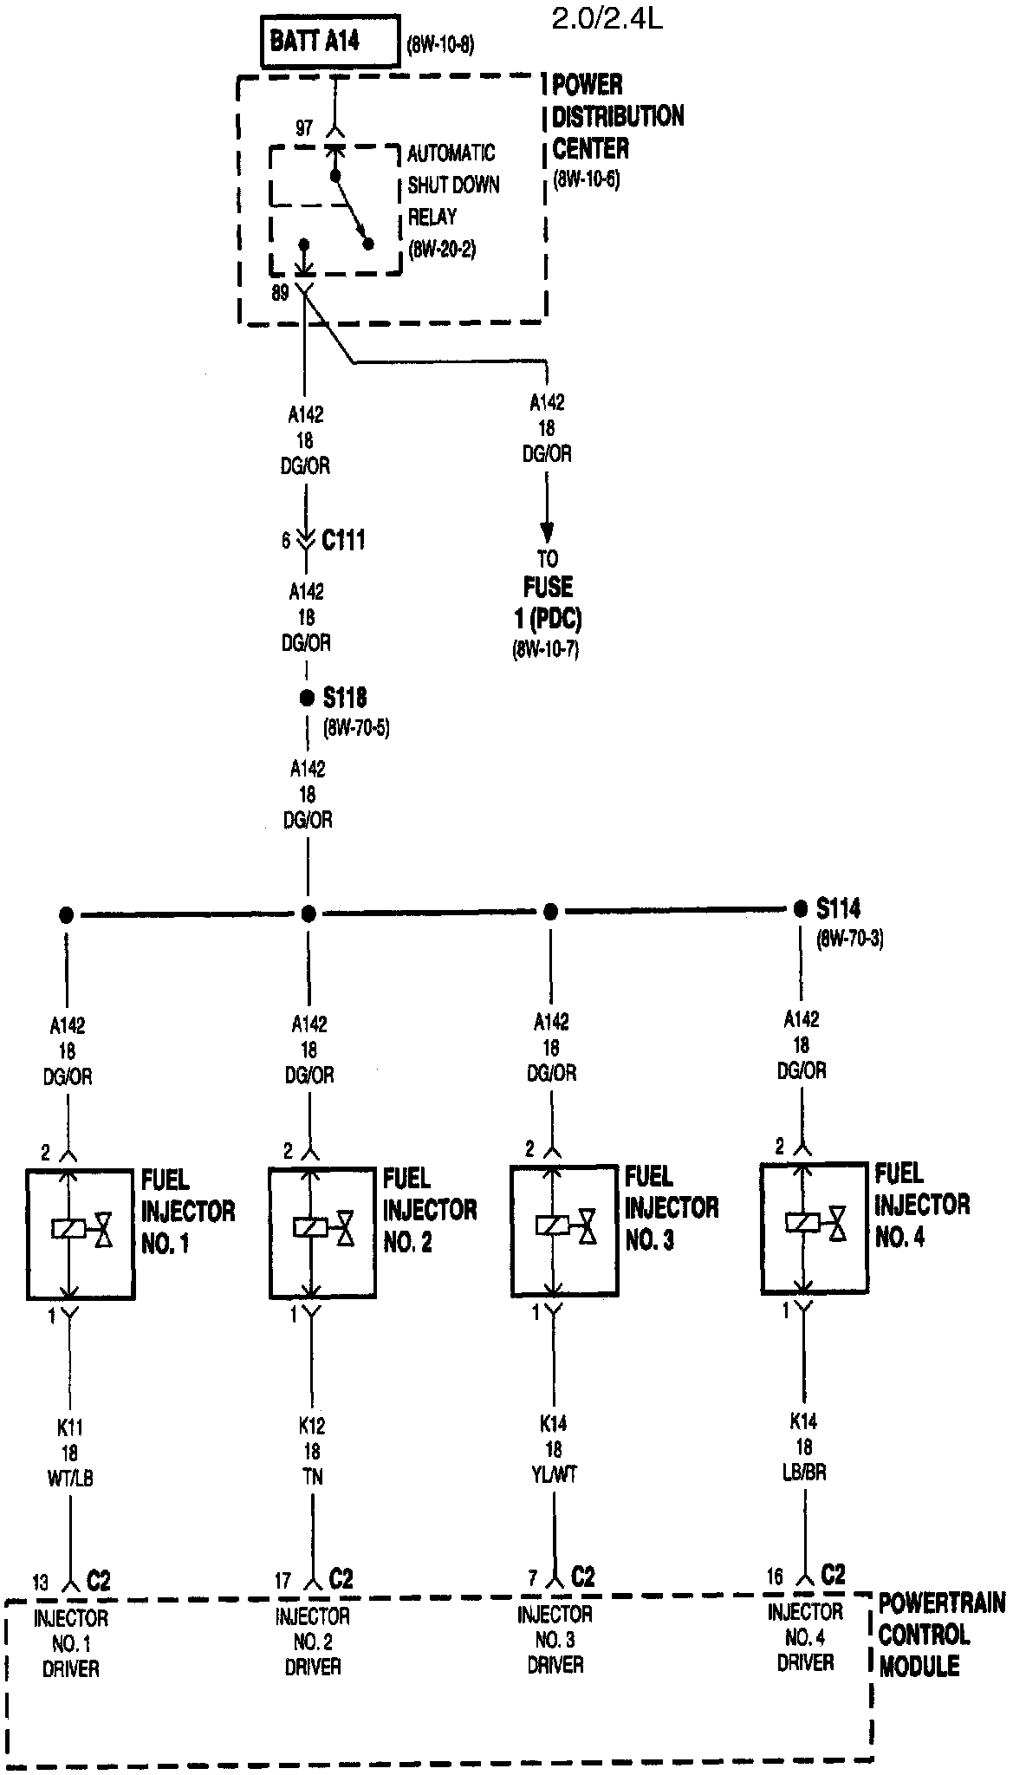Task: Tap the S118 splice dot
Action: (307, 698)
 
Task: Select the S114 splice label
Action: (838, 908)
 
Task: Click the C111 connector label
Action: (343, 540)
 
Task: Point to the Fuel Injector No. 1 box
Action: (81, 1233)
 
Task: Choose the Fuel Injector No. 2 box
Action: (322, 1232)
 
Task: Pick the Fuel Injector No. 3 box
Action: (564, 1230)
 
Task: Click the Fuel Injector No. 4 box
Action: (814, 1226)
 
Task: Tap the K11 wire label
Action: (70, 1427)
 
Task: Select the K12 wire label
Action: (312, 1425)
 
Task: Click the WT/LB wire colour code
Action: (70, 1478)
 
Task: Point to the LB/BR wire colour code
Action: (803, 1472)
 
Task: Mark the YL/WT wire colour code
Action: (554, 1474)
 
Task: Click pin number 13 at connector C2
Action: (41, 1583)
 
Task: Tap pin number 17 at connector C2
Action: (283, 1581)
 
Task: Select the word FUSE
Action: (548, 588)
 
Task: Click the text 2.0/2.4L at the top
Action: (607, 19)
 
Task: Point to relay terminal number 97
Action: (303, 128)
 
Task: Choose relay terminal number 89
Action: (280, 293)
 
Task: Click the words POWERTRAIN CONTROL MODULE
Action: (941, 1635)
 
